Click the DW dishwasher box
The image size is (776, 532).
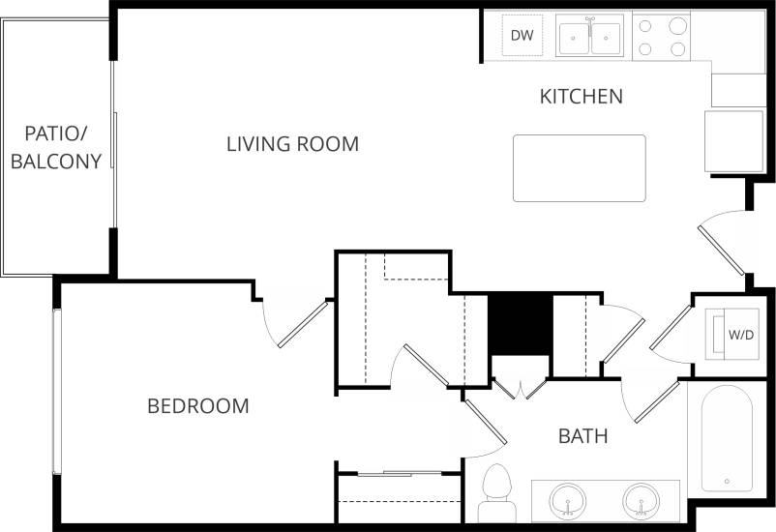[522, 36]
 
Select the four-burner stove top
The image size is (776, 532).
[663, 37]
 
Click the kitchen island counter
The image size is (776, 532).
[579, 168]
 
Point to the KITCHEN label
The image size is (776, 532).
[581, 97]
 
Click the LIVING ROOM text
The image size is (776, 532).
[292, 144]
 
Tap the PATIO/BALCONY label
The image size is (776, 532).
[56, 147]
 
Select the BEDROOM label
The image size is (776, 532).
[197, 406]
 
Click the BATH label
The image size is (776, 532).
[583, 436]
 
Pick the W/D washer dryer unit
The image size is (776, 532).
[739, 335]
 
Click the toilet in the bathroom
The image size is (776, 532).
[496, 492]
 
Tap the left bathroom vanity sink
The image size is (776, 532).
[567, 502]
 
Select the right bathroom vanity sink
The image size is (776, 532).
[641, 502]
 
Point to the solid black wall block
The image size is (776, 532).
[520, 323]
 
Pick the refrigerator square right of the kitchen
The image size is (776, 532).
[735, 141]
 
